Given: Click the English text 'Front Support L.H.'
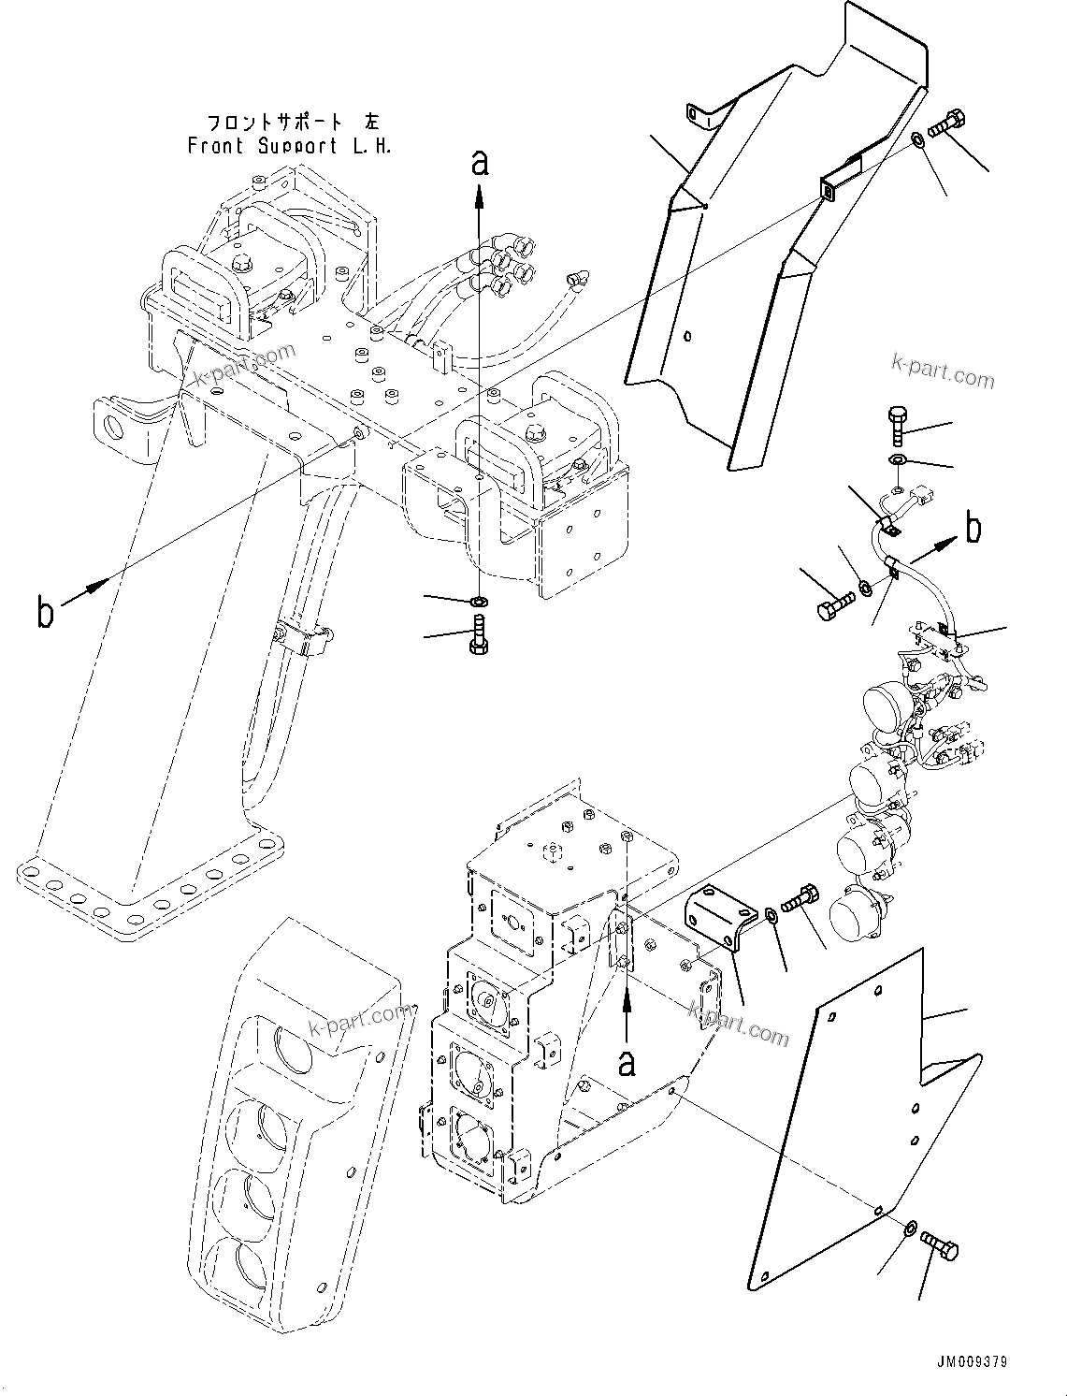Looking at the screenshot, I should pos(289,146).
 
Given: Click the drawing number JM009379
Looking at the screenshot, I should pos(970,1362).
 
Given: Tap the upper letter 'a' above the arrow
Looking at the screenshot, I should pos(480,164).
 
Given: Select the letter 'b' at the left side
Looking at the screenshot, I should pos(45,614).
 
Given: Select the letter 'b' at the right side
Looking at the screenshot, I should pos(973,529).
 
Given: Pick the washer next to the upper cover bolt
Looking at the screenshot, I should pos(918,140).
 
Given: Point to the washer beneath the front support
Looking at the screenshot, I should pos(480,599).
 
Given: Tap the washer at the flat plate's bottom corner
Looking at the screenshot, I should pos(910,1227).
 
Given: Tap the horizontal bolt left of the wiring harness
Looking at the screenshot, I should pos(835,604).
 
